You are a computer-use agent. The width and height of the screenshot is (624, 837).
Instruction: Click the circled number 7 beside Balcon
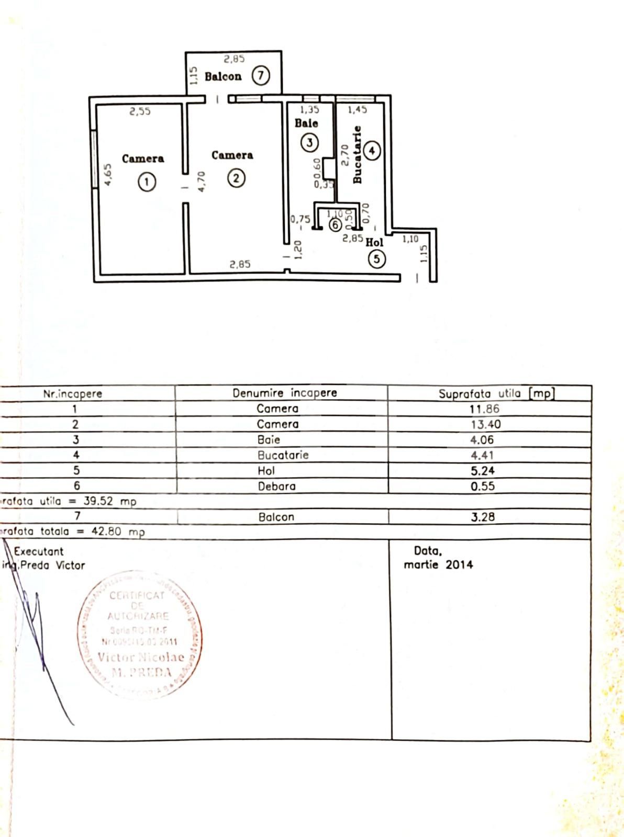tap(260, 76)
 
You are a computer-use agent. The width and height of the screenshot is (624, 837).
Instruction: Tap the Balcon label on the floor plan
tap(223, 76)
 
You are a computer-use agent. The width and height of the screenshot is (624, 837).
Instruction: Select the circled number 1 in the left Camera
tap(147, 182)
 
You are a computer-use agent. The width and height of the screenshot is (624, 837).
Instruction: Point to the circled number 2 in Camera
tap(236, 178)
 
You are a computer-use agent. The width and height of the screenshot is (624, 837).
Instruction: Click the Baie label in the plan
tap(306, 123)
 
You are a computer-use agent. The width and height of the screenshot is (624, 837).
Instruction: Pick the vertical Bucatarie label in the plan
tap(358, 155)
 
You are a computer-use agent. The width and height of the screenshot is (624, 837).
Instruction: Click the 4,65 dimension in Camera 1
tap(108, 175)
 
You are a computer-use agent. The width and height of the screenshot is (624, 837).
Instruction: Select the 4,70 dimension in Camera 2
tap(202, 181)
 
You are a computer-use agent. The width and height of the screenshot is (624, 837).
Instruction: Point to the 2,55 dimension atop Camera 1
tap(140, 111)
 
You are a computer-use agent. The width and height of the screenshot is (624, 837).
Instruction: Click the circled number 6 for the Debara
tap(335, 225)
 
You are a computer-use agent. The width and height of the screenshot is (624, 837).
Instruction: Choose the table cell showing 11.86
tap(484, 409)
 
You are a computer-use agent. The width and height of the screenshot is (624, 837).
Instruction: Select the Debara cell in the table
tap(276, 487)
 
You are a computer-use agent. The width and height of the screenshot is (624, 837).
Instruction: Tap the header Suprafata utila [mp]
tap(496, 393)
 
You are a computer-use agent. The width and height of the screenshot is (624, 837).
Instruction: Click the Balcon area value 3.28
tap(483, 517)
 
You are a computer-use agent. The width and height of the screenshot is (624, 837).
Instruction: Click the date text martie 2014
tap(438, 565)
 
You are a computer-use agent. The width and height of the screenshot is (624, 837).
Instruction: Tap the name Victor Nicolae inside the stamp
tap(141, 657)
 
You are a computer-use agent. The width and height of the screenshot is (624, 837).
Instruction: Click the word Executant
tap(39, 551)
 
